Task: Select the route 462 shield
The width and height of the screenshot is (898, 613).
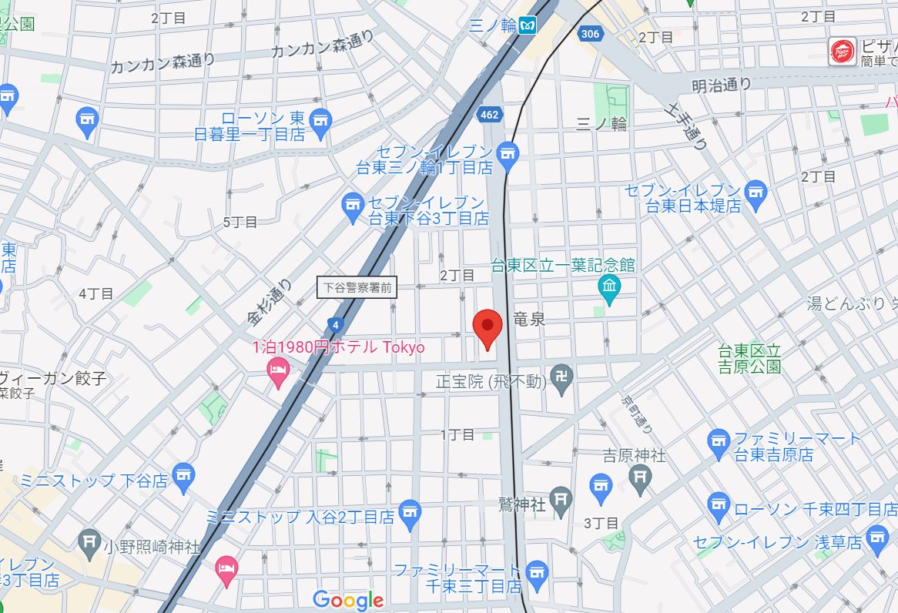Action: click(488, 115)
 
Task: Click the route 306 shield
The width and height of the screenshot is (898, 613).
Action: click(590, 33)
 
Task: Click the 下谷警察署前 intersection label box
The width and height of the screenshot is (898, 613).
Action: click(357, 288)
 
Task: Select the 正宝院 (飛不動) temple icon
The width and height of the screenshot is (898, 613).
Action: click(564, 381)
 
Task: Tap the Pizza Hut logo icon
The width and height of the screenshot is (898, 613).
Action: click(842, 52)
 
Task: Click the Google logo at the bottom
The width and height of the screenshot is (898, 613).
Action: click(348, 600)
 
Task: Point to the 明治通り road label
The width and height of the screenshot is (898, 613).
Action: click(721, 85)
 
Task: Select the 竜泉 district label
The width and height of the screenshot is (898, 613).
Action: click(529, 319)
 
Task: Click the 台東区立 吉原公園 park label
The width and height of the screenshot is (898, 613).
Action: click(749, 359)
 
